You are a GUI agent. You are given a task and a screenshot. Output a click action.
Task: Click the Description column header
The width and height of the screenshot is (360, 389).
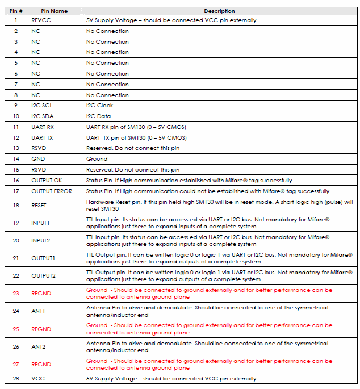tap(219, 11)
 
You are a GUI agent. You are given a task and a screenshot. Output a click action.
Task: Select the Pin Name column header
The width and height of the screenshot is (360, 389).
tap(55, 11)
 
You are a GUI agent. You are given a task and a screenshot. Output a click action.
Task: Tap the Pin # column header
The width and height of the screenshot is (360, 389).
tap(16, 11)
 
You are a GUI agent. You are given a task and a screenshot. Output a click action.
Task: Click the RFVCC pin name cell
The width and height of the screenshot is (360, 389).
tap(41, 20)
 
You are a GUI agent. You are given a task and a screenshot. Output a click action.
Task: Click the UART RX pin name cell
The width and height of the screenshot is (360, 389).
tap(43, 127)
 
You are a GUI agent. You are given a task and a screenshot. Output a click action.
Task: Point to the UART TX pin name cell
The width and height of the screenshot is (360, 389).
tap(43, 137)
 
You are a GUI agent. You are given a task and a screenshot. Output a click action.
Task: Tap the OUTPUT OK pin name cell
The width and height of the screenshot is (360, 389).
tap(47, 181)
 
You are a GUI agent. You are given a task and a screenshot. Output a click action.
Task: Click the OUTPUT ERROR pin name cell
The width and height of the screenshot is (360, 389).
tap(52, 191)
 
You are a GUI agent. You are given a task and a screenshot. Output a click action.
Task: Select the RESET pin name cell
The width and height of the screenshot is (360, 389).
tap(39, 205)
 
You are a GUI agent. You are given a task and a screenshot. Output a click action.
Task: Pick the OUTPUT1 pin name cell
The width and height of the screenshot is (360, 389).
tap(43, 258)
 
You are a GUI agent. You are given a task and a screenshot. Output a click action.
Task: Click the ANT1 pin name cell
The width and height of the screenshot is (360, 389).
tap(38, 311)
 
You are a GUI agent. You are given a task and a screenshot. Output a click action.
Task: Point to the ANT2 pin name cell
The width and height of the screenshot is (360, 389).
tap(38, 347)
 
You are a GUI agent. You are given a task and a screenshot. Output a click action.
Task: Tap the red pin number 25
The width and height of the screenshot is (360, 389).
tap(16, 329)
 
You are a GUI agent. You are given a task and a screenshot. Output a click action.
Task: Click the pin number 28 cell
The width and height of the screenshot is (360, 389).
tap(16, 379)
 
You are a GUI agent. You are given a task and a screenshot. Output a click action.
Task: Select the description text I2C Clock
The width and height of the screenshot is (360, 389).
tap(99, 106)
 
